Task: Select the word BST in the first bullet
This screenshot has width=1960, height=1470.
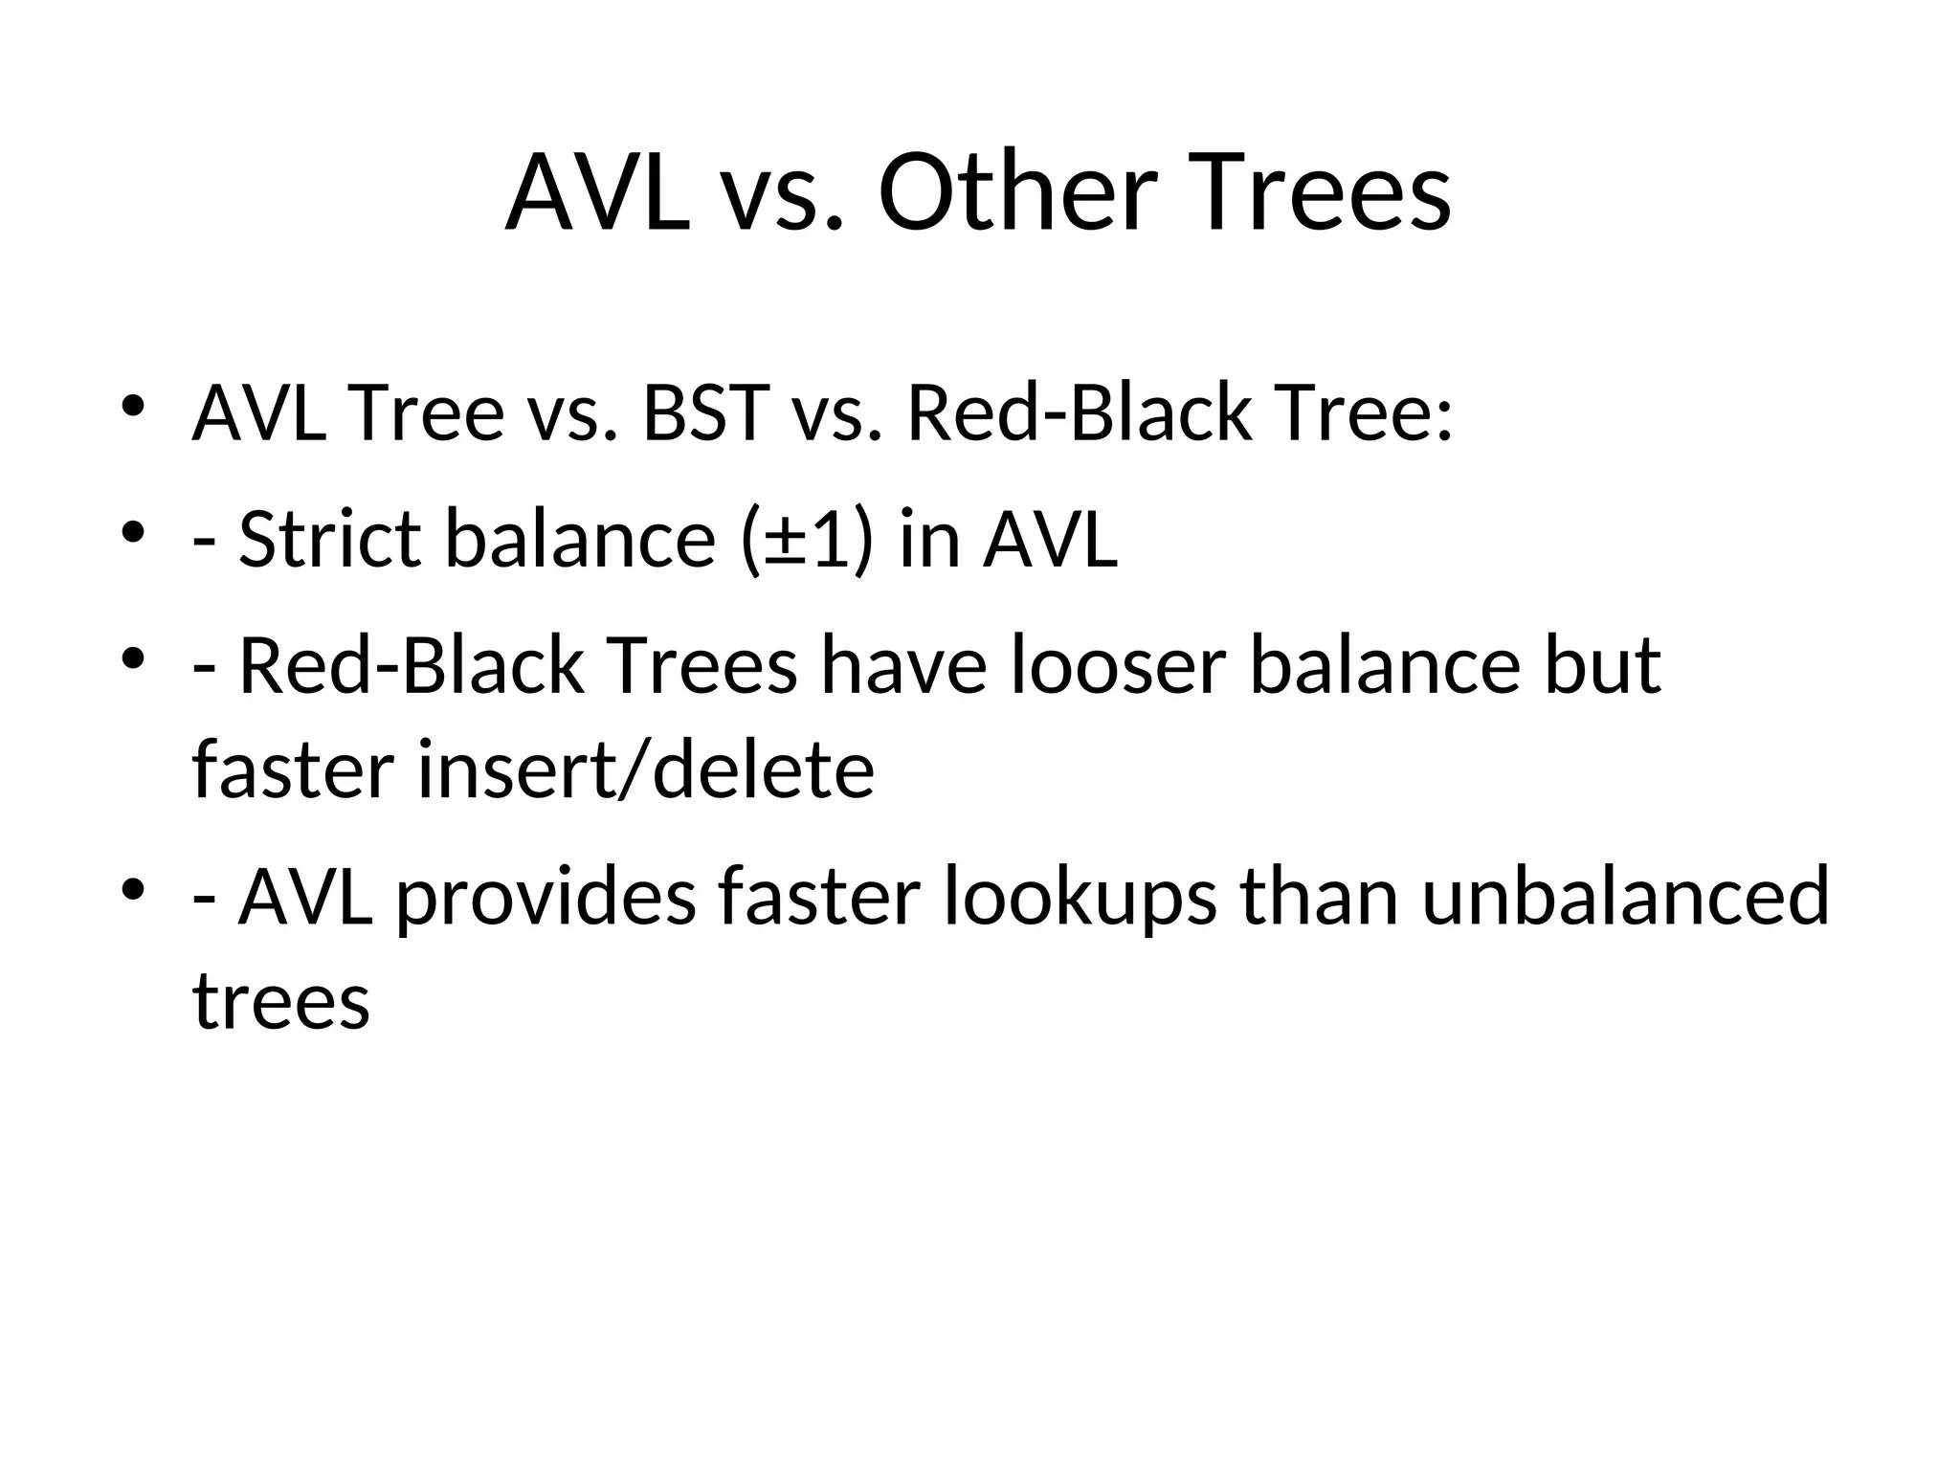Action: pos(706,413)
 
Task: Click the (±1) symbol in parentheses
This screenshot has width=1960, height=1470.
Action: pos(807,539)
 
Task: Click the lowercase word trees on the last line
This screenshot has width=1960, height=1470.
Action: pos(281,1002)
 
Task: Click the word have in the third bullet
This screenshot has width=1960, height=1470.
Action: pos(902,666)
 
